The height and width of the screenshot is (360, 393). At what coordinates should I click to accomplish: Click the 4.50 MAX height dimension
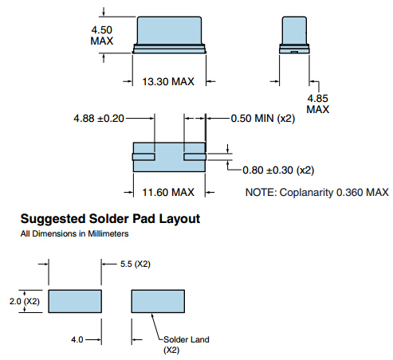click(x=102, y=35)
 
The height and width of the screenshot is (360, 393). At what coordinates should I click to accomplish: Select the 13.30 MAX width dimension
click(x=168, y=81)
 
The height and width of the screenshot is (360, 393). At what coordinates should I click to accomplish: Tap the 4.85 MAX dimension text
click(x=318, y=104)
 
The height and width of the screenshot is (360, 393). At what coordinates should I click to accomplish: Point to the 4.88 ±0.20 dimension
click(x=99, y=118)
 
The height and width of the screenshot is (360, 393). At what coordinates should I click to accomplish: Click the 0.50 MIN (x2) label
click(x=263, y=118)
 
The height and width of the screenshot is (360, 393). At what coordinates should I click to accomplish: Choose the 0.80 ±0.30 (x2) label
click(x=278, y=170)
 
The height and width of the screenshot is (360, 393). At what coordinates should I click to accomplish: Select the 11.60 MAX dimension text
click(x=168, y=192)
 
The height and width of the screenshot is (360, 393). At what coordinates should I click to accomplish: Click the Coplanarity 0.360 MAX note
click(x=317, y=192)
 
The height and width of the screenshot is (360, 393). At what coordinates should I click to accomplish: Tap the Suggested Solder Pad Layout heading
click(x=110, y=219)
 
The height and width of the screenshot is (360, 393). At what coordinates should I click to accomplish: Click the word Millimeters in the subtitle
click(x=108, y=233)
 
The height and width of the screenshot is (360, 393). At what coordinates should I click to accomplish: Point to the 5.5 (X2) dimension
click(x=136, y=264)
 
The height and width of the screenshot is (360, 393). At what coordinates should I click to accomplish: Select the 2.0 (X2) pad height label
click(x=25, y=301)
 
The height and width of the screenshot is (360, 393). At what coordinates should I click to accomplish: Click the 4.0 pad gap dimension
click(x=77, y=339)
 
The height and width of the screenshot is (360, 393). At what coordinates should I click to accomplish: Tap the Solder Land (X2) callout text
click(x=187, y=345)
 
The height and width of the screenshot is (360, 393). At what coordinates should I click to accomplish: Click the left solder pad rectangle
click(x=75, y=301)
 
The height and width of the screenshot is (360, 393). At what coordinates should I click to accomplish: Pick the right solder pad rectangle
click(x=158, y=301)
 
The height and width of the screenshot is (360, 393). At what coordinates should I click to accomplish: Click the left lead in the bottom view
click(x=143, y=157)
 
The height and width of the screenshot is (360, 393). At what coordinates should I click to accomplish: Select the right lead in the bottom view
click(x=195, y=157)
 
